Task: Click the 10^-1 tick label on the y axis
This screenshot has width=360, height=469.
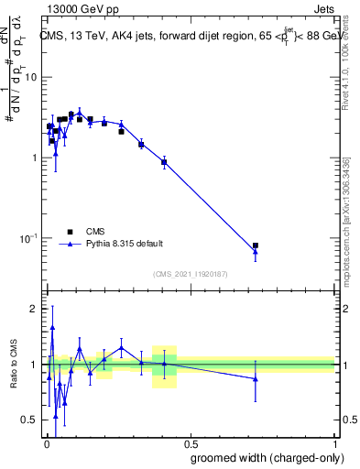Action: click(28, 238)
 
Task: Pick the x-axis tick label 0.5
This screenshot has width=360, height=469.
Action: click(190, 442)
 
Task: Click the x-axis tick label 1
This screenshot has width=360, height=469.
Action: click(333, 442)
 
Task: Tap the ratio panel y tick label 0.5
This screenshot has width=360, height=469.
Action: click(29, 420)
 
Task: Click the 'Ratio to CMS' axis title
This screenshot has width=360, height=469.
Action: click(14, 365)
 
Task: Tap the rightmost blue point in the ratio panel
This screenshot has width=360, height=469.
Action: click(256, 378)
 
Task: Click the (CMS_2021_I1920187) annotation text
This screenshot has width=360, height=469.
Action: click(190, 273)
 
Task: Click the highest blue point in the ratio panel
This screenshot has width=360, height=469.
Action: click(52, 327)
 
